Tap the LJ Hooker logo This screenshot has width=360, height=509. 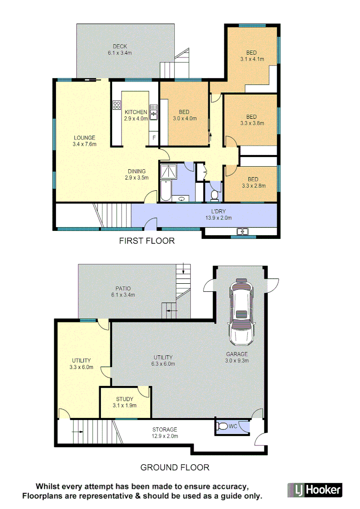pyautogui.click(x=314, y=490)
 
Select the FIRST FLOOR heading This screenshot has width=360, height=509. pyautogui.click(x=147, y=241)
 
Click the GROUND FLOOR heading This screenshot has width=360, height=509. pyautogui.click(x=175, y=468)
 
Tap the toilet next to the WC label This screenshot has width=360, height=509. pyautogui.click(x=222, y=427)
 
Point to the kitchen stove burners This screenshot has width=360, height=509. pyautogui.click(x=116, y=106)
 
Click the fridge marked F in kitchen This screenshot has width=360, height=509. pyautogui.click(x=153, y=138)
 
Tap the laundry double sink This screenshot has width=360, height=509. pyautogui.click(x=243, y=231)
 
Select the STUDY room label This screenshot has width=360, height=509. pyautogui.click(x=124, y=399)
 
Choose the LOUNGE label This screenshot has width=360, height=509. pyautogui.click(x=84, y=138)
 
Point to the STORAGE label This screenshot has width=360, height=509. pyautogui.click(x=164, y=429)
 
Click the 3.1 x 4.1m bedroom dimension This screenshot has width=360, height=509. pyautogui.click(x=252, y=59)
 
